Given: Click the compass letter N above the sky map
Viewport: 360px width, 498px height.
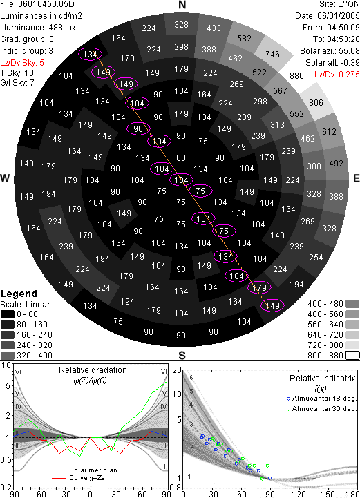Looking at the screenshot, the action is [x=182, y=5].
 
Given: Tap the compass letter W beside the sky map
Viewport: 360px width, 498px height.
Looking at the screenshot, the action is [x=5, y=178].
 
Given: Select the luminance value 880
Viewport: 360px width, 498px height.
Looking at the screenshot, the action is [x=296, y=75].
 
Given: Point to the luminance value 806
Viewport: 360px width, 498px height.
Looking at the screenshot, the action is [x=316, y=103].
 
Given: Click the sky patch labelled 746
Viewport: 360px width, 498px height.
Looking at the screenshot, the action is [x=273, y=55].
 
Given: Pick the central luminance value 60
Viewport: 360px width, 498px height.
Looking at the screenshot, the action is [x=181, y=158].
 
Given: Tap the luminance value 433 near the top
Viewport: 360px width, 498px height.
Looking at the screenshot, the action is [x=214, y=28].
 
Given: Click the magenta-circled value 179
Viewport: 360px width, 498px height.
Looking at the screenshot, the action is [x=259, y=287].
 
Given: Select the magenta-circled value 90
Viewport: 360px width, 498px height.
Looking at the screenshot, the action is [x=138, y=128].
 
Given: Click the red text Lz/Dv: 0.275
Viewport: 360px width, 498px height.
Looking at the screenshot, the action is [x=337, y=75].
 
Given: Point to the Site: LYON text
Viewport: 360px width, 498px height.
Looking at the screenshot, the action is [x=339, y=5].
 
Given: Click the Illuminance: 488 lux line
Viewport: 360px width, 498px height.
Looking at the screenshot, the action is [x=38, y=28].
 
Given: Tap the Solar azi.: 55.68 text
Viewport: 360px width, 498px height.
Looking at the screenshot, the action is [x=330, y=51].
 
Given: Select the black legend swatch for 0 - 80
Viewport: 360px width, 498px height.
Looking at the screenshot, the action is [x=8, y=314].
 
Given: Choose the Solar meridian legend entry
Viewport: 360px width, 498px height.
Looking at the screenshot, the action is [x=84, y=470].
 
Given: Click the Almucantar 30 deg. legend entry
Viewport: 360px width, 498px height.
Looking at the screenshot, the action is [x=321, y=409].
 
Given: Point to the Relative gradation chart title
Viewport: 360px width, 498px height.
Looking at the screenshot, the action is [x=93, y=370].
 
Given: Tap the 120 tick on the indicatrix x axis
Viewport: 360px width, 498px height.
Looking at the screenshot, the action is [x=299, y=494].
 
